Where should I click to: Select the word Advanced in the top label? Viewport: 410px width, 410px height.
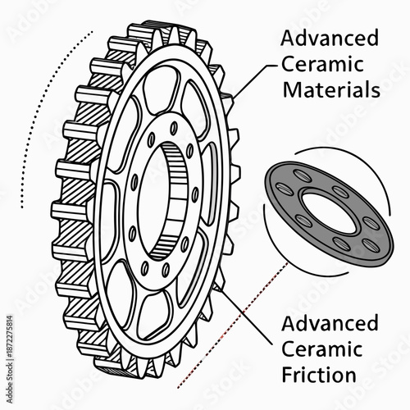pos(330,39)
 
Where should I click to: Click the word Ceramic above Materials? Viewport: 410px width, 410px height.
pos(321,64)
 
